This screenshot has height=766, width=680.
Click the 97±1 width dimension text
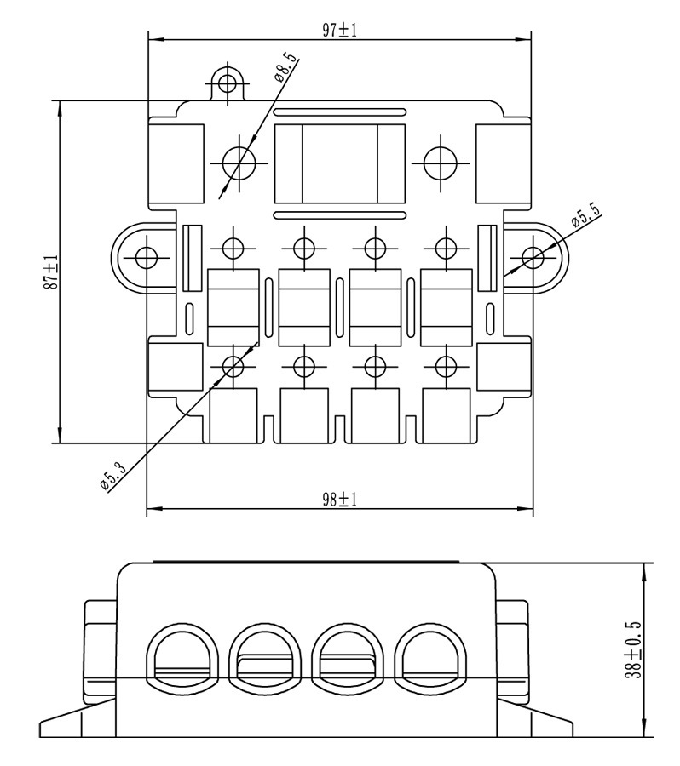coord(339,31)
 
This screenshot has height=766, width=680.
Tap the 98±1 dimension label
coord(339,500)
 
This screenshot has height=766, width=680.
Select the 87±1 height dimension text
coord(51,272)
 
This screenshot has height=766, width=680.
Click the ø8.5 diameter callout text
coord(285,67)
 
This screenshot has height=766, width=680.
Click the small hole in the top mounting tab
coord(228,83)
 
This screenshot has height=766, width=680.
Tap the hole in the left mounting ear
coord(147,257)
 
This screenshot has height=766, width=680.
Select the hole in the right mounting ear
coord(533,257)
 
